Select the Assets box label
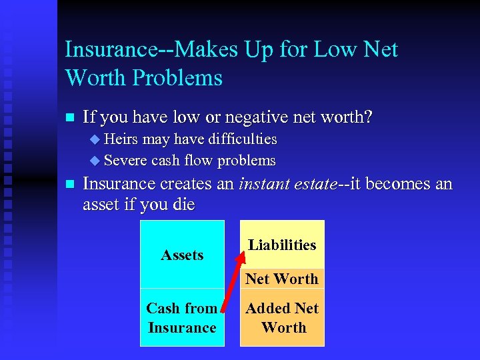pos(182,255)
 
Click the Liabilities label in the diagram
pos(282,245)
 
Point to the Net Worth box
pos(282,279)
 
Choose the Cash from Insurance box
pos(182,318)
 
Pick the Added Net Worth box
pos(282,318)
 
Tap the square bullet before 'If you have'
pos(69,119)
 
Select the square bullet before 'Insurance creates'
pos(69,184)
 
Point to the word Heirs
pos(119,139)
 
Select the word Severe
pos(126,161)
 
